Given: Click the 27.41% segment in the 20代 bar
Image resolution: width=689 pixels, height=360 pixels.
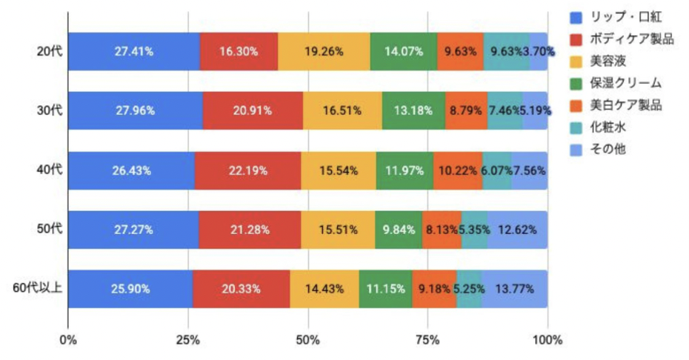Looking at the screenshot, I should click(134, 52).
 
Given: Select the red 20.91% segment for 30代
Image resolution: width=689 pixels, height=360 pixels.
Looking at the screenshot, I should click(252, 110).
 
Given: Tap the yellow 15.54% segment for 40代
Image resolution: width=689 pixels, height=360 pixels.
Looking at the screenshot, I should click(339, 170).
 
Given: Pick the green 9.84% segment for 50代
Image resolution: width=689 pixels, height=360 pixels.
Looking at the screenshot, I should click(399, 230).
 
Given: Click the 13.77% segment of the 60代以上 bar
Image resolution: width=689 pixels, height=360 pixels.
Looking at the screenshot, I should click(514, 289).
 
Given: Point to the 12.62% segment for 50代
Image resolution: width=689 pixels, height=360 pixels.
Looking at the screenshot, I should click(517, 230).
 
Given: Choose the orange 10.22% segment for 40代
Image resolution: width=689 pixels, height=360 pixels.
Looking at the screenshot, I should click(458, 170).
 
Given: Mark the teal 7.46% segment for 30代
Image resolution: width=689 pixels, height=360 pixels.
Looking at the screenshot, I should click(505, 110).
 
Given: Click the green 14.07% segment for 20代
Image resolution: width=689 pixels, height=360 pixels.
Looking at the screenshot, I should click(404, 52).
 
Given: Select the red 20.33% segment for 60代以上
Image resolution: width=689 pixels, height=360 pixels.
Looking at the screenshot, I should click(241, 289).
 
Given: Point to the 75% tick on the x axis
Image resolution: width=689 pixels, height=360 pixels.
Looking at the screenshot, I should click(427, 340).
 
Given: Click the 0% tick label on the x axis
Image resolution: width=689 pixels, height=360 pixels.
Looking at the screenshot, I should click(68, 340).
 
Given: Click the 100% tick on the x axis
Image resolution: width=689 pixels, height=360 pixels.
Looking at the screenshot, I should click(547, 340).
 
